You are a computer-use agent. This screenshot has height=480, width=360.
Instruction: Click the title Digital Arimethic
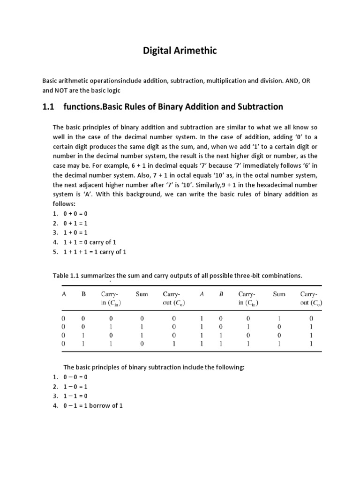click(x=180, y=51)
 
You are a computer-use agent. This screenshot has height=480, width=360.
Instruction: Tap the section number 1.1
click(x=48, y=107)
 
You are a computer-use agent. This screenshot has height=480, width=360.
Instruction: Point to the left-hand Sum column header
click(x=142, y=294)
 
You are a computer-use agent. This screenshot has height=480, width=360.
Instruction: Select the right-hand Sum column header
click(x=279, y=294)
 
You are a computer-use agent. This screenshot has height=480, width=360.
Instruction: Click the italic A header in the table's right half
click(x=202, y=294)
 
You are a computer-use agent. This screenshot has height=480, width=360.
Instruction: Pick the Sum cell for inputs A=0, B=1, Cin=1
click(x=142, y=344)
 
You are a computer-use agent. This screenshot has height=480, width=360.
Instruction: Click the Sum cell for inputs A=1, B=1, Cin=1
click(x=279, y=344)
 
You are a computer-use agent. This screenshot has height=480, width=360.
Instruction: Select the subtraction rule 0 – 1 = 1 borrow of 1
click(x=93, y=405)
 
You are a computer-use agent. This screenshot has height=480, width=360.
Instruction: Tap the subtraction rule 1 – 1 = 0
click(x=75, y=396)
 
